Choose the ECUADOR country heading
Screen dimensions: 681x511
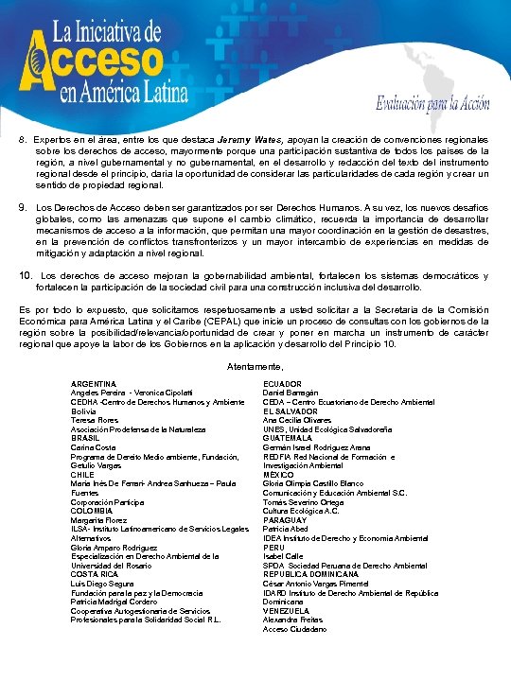[x=282, y=383]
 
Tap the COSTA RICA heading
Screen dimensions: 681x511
[x=93, y=574]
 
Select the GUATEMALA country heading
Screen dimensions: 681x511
[x=288, y=438]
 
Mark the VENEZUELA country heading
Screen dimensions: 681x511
[x=287, y=611]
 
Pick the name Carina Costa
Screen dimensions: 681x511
[x=93, y=447]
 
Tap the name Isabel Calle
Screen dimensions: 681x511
[x=283, y=556]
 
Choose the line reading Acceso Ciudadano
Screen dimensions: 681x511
[x=294, y=629]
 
